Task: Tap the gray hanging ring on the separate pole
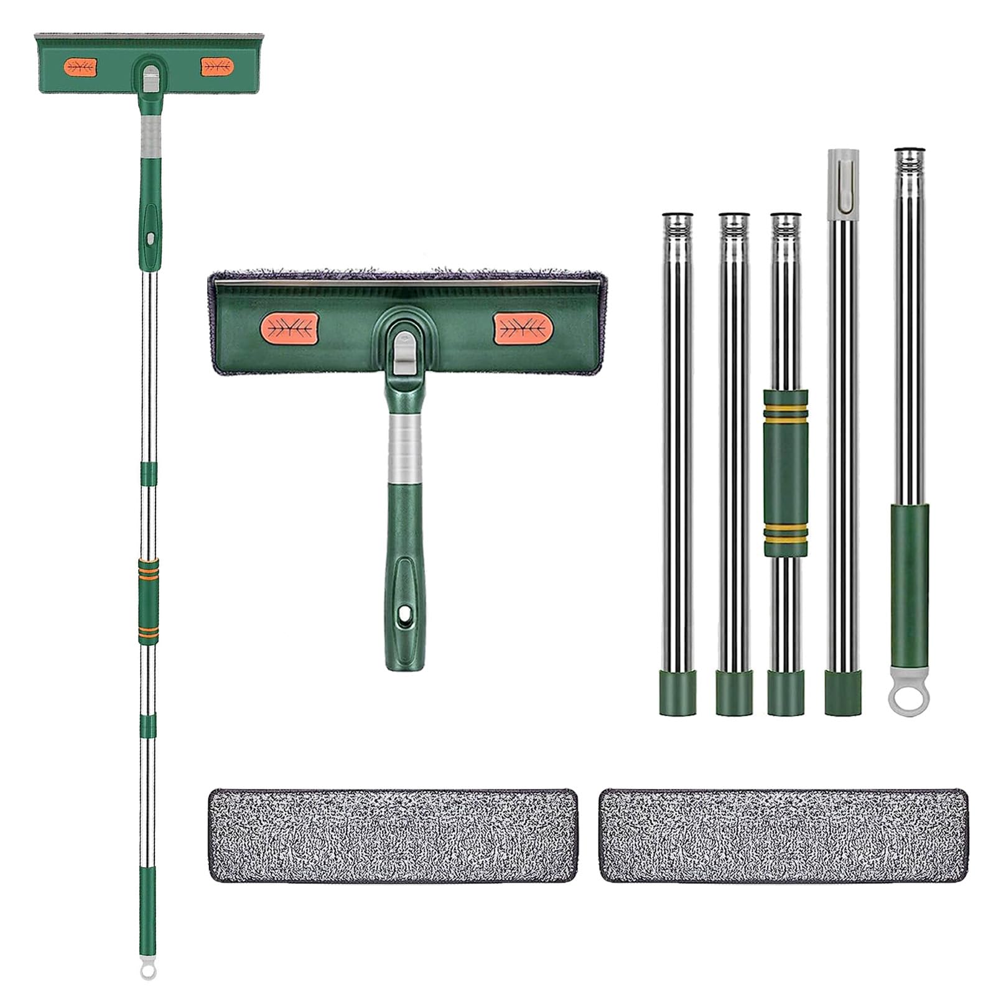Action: tap(909, 699)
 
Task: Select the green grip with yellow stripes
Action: tap(786, 472)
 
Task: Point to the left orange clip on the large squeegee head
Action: tap(289, 328)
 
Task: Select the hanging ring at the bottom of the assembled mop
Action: tap(147, 970)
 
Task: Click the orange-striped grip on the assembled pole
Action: tap(148, 597)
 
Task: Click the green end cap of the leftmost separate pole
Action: tap(677, 692)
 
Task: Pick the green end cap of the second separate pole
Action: tap(734, 692)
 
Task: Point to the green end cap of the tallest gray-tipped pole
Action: tap(842, 692)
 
